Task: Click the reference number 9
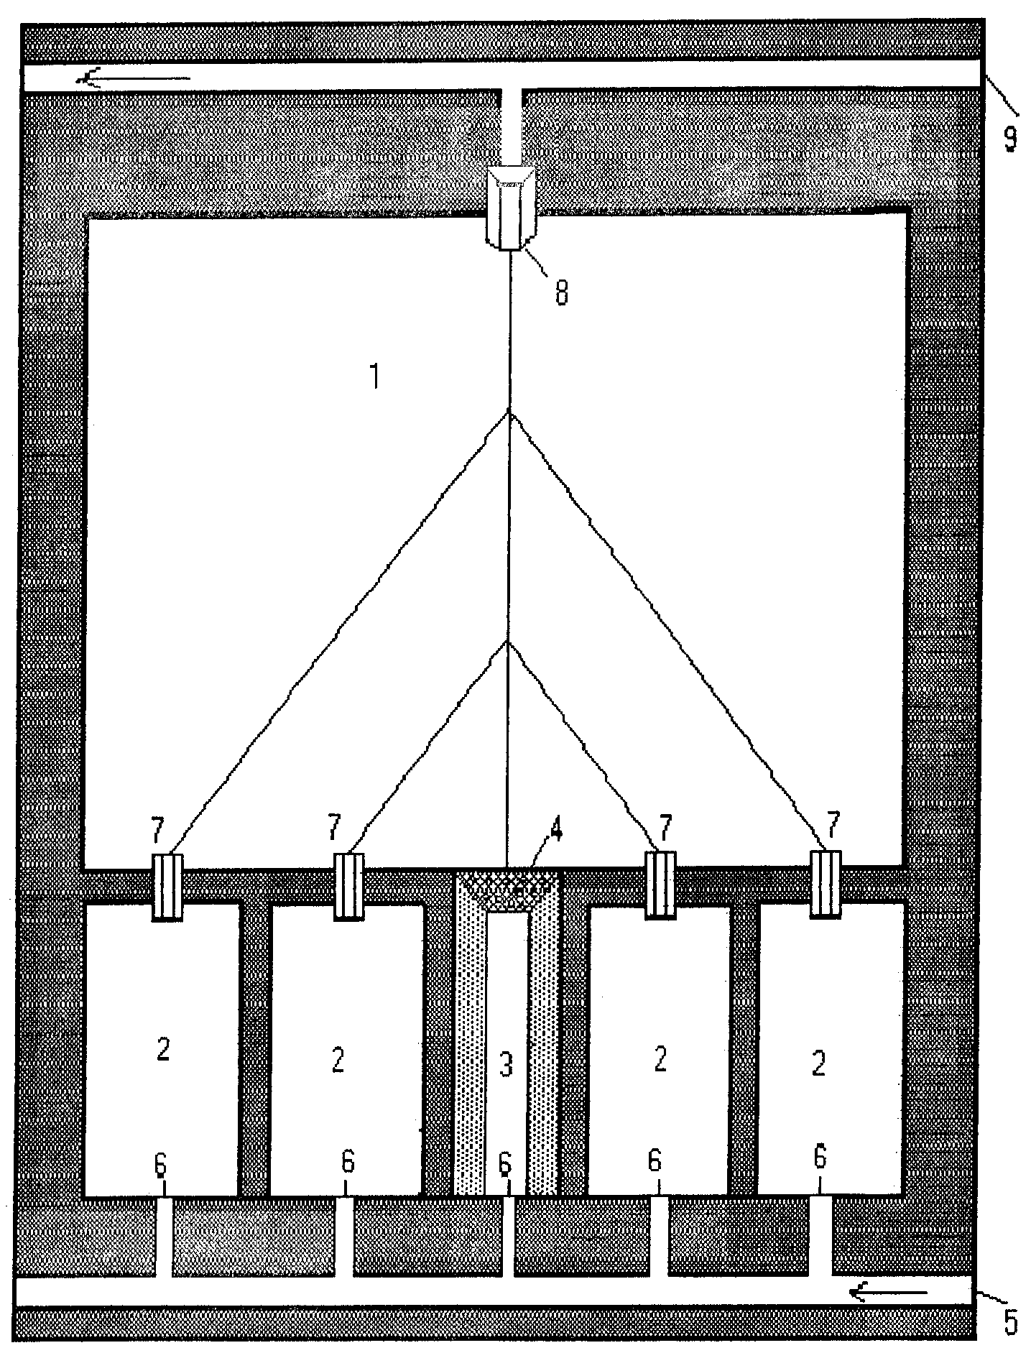point(1009,137)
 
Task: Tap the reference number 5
point(1010,1321)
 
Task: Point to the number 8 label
point(561,292)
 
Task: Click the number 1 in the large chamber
point(374,377)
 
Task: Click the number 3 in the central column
point(507,1065)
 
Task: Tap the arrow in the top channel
point(134,78)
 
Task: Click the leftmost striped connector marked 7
point(167,885)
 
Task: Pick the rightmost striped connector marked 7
point(826,884)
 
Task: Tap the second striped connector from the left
point(349,885)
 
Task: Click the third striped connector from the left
point(660,885)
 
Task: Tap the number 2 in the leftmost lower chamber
point(163,1050)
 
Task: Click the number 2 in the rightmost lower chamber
point(819,1064)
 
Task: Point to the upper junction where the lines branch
point(509,412)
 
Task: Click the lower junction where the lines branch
point(508,642)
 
